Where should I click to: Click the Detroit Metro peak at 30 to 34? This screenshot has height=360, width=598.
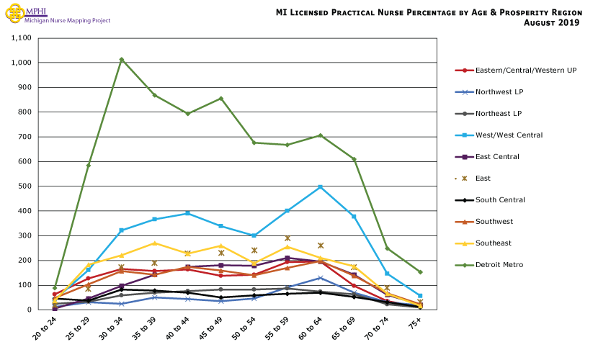[122, 59]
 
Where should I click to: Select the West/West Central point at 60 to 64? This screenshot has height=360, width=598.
[321, 187]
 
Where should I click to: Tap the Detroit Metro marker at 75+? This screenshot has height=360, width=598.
[420, 272]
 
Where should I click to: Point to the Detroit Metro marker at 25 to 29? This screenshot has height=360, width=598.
[89, 165]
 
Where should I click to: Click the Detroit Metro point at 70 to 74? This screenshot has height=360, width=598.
[387, 248]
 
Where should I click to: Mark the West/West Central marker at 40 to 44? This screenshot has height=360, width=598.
[188, 213]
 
